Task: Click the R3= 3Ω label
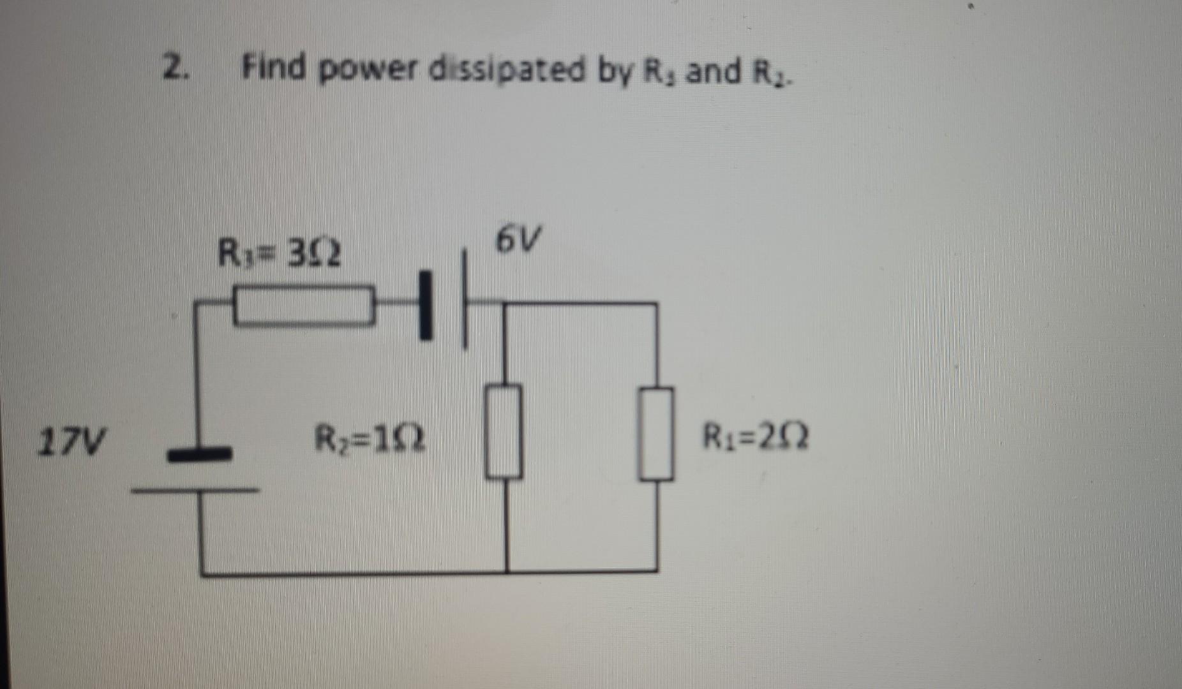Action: tap(279, 253)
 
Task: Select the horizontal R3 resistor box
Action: tap(303, 307)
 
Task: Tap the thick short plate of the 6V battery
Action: tap(425, 304)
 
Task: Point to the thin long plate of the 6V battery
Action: tap(466, 300)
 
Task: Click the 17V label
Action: tap(72, 441)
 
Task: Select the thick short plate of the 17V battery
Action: tap(198, 454)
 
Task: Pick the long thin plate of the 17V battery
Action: tap(195, 491)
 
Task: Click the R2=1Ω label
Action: tap(370, 439)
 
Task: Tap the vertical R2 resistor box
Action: tap(504, 432)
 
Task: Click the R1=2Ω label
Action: tap(756, 438)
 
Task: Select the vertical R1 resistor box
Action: tap(656, 434)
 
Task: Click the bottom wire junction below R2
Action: tap(507, 571)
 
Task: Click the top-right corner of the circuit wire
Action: tap(657, 304)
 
